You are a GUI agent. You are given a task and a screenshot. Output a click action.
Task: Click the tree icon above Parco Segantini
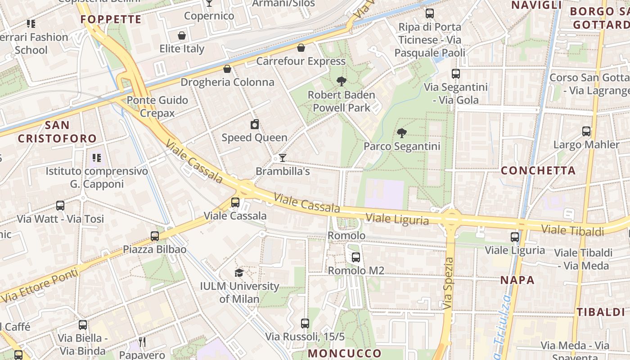402,133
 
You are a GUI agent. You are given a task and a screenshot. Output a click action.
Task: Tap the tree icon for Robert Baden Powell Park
342,81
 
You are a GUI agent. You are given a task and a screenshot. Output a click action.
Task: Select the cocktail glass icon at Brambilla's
283,157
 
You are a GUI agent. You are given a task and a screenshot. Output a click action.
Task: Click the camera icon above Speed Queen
255,124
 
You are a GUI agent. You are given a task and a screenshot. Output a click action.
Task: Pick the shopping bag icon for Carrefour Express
301,48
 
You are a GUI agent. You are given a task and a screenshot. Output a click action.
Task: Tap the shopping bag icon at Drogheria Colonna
227,69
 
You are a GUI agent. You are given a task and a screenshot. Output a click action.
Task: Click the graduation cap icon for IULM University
239,273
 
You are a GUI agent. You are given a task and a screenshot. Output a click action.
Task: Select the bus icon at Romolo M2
356,257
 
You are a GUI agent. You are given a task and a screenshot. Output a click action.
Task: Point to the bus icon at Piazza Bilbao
155,236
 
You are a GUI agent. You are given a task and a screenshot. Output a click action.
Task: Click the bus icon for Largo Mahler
586,131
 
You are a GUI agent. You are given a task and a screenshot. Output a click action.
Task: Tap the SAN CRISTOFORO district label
57,131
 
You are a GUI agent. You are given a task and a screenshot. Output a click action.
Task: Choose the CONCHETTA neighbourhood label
538,171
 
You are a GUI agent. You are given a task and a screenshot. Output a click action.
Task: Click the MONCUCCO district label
345,353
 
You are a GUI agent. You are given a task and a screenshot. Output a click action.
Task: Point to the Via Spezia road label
448,283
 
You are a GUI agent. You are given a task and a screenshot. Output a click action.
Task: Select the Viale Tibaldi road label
572,230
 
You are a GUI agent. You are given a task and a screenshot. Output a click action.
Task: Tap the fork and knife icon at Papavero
142,342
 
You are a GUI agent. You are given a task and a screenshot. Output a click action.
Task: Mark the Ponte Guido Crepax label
157,106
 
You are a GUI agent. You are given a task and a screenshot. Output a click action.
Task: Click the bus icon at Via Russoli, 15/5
305,323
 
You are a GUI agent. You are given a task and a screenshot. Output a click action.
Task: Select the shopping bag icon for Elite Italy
182,36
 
